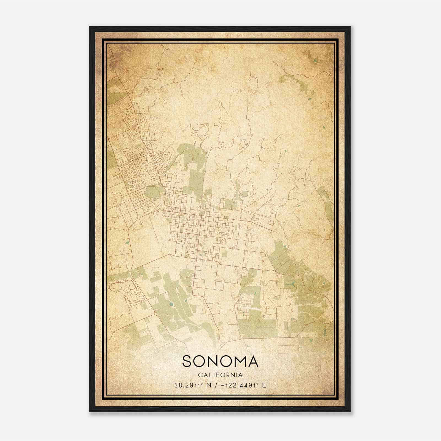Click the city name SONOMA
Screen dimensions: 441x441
[220, 361]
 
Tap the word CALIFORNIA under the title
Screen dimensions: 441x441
[220, 375]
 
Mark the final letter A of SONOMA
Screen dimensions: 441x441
[252, 361]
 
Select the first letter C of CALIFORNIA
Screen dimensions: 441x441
[200, 375]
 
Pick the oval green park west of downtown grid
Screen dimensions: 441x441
[153, 192]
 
